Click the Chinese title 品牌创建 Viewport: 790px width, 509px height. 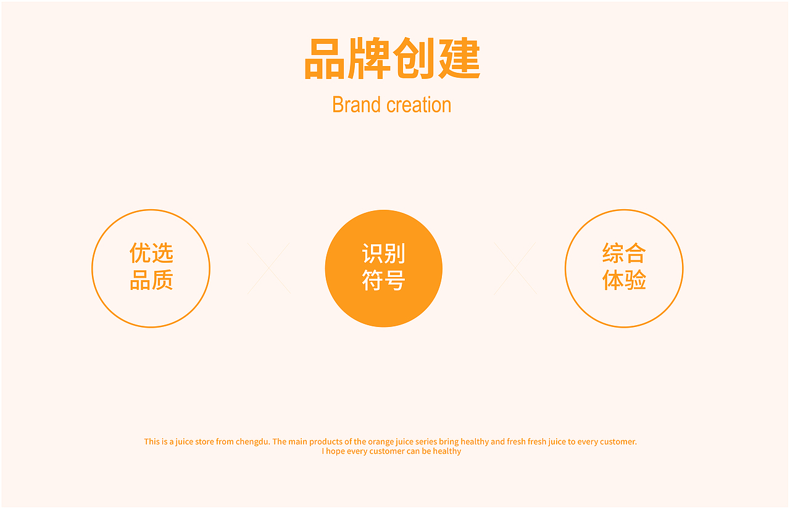392,59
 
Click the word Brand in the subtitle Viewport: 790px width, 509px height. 355,105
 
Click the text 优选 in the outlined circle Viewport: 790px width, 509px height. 151,253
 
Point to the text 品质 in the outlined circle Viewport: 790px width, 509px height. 151,281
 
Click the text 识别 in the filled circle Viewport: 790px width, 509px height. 383,254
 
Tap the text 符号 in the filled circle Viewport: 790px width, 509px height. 383,281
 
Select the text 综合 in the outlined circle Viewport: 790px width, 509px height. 624,253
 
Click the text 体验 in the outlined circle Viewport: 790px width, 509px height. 624,281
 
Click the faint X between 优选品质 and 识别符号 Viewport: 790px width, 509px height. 268,268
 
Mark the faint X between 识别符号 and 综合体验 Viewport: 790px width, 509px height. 515,268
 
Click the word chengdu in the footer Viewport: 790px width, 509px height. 252,442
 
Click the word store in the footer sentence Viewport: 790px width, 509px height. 204,442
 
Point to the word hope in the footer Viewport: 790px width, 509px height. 336,452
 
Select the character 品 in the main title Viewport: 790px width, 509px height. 324,59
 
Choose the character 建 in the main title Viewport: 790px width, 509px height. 459,59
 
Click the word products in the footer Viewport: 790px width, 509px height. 326,442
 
